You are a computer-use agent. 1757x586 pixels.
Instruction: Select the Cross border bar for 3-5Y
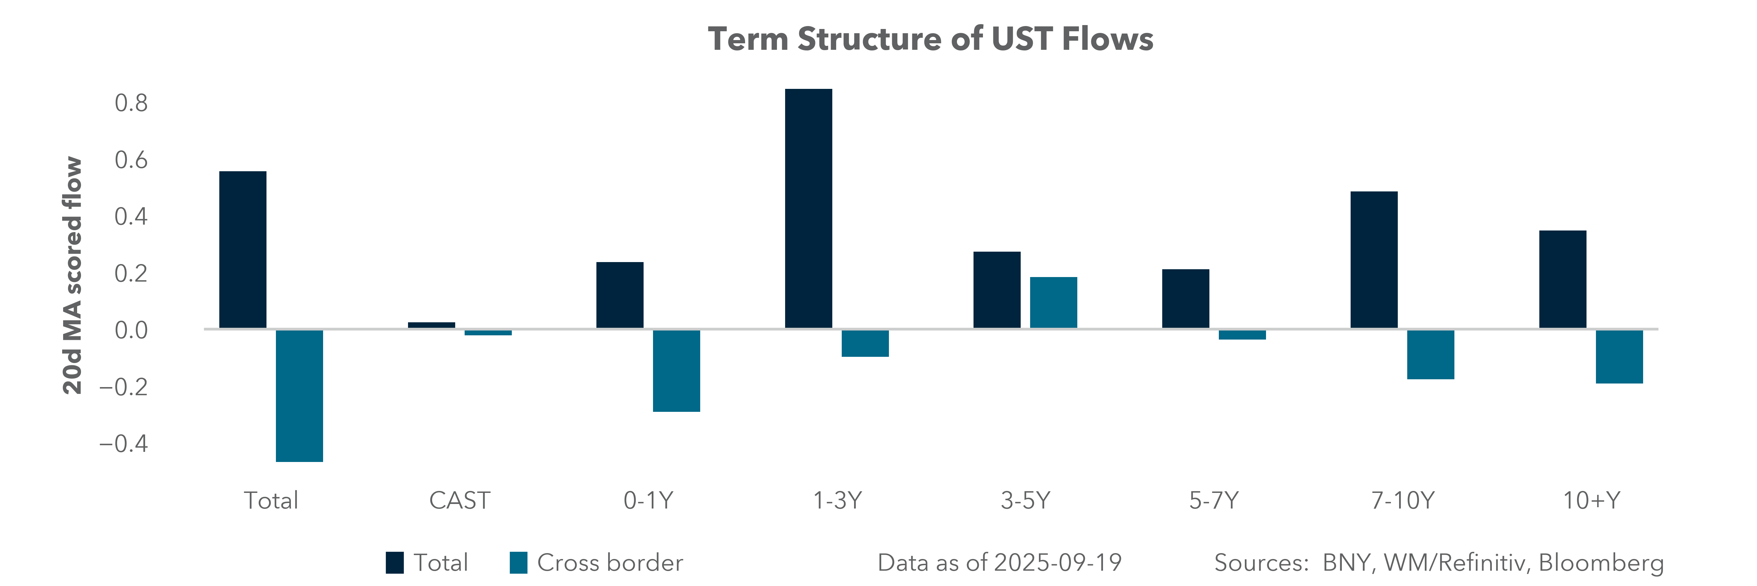tap(1053, 303)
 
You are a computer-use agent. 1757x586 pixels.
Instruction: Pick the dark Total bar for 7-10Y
tap(1374, 260)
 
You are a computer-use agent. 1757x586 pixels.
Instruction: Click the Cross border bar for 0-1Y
tap(676, 370)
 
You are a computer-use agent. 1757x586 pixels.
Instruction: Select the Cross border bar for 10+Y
tap(1619, 356)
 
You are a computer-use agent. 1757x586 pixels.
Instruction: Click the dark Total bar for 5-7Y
tap(1185, 299)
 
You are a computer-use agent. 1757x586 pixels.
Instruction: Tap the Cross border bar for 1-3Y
tap(865, 343)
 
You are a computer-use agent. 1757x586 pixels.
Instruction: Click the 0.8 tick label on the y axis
tap(131, 103)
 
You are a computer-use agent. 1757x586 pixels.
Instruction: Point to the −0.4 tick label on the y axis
tap(123, 443)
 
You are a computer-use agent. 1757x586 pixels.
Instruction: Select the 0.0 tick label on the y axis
tap(131, 330)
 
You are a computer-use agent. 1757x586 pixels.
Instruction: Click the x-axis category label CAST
tap(459, 501)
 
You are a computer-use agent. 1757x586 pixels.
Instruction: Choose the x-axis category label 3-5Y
tap(1025, 501)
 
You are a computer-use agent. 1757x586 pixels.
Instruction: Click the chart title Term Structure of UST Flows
tap(930, 39)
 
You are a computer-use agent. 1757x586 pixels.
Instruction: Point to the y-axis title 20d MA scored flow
tap(72, 276)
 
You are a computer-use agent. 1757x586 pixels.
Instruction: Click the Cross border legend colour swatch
tap(518, 563)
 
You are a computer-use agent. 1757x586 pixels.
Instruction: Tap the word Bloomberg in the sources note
tap(1601, 563)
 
